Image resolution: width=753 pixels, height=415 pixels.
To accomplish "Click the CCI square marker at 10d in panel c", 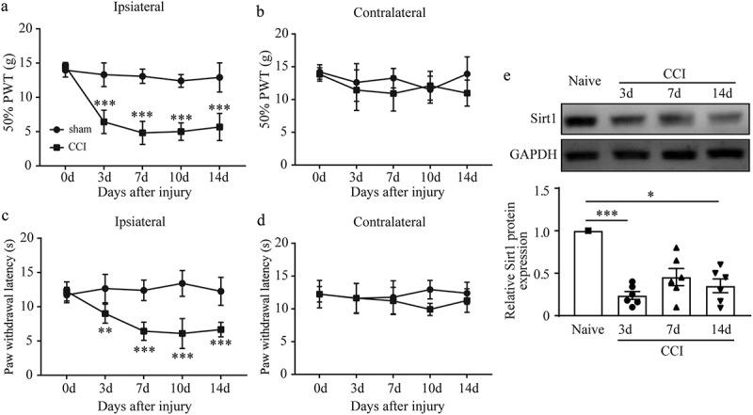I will click(184, 333).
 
